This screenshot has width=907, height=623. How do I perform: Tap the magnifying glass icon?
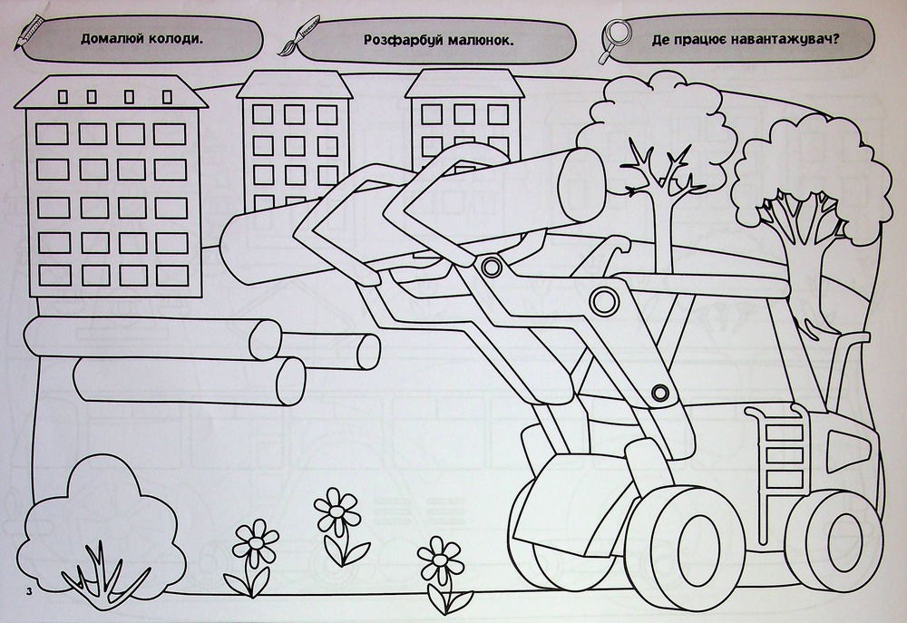pyautogui.click(x=612, y=38)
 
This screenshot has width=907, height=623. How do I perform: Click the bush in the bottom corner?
pyautogui.click(x=102, y=530)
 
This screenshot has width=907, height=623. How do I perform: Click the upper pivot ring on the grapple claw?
pyautogui.click(x=492, y=267)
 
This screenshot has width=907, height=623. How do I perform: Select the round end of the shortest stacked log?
pyautogui.click(x=368, y=352)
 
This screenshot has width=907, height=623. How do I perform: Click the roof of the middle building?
pyautogui.click(x=294, y=84)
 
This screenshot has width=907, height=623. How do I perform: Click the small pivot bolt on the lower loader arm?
pyautogui.click(x=660, y=393)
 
